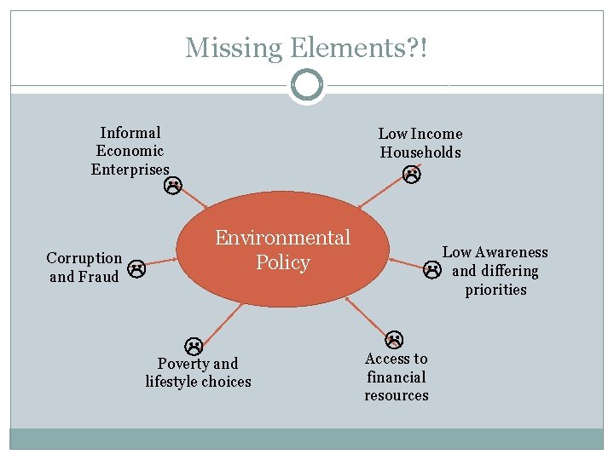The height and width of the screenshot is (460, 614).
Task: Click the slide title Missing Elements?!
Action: click(x=306, y=48)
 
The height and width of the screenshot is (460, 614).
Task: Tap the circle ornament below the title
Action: click(x=307, y=86)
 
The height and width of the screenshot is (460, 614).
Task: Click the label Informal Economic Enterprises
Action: click(x=130, y=151)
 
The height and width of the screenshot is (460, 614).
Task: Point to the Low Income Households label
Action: click(x=420, y=143)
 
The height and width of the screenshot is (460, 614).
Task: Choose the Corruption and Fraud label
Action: click(x=84, y=267)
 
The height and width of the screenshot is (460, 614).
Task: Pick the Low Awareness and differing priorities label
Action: click(x=495, y=271)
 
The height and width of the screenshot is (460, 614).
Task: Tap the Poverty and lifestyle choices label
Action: click(x=198, y=372)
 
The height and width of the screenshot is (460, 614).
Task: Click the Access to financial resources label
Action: click(x=397, y=377)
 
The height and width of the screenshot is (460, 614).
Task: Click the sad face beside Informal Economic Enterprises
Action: click(x=172, y=185)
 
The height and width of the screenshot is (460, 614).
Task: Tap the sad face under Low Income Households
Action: click(x=412, y=175)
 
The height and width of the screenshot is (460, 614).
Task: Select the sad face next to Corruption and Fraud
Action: click(x=136, y=270)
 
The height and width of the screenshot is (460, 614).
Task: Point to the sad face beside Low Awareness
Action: click(x=432, y=271)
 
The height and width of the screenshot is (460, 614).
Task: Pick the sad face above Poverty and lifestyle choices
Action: click(x=194, y=346)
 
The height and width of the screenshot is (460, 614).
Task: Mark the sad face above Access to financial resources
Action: click(x=394, y=339)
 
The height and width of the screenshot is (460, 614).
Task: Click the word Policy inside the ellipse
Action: click(x=282, y=262)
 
